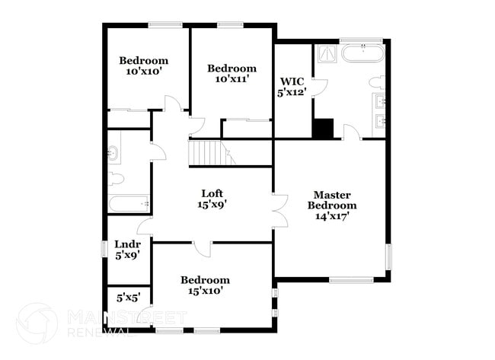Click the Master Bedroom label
tap(332, 205)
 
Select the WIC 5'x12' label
tap(292, 86)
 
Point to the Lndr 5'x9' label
tap(126, 250)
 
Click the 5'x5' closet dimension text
tap(128, 298)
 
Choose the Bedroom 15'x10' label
tap(204, 285)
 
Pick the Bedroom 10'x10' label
tap(143, 66)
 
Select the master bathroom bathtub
tap(362, 54)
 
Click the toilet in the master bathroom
tap(377, 82)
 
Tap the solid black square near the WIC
tap(324, 129)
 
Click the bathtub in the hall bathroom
tap(129, 204)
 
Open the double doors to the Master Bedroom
tap(279, 209)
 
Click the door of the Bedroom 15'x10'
tap(203, 248)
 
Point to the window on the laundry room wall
tap(104, 248)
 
